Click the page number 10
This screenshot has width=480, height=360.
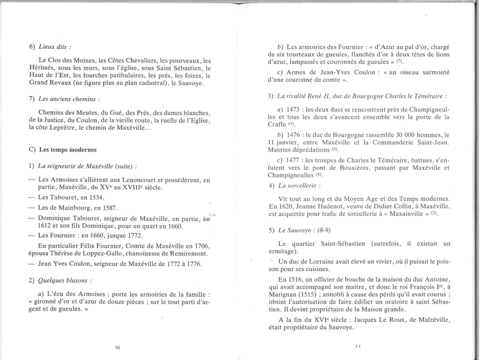[x=117, y=347]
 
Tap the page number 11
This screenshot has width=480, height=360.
[x=358, y=346]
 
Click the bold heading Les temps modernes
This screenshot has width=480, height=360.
[x=68, y=150]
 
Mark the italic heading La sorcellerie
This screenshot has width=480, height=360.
[x=297, y=185]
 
